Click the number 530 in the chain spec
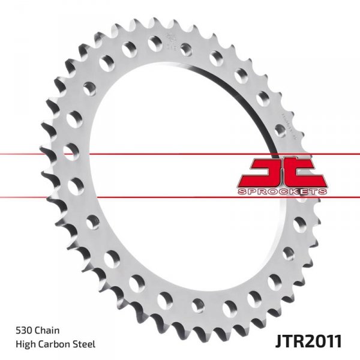click(25, 329)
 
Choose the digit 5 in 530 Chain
click(20, 329)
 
